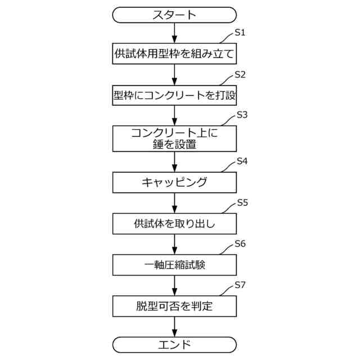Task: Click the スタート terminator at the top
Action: point(174,15)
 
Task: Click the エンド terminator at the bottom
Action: point(174,344)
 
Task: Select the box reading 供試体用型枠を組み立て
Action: point(174,55)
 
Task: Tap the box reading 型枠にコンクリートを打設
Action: point(174,96)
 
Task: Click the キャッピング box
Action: point(174,182)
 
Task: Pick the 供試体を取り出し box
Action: point(174,223)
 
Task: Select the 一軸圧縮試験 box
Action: point(174,264)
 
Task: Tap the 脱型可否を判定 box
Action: point(174,307)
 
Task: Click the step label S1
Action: point(240,33)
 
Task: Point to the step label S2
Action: point(240,74)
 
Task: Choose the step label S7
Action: point(240,285)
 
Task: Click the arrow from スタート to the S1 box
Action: point(174,33)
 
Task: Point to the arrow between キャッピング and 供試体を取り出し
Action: point(174,202)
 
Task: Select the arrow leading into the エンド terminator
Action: point(174,327)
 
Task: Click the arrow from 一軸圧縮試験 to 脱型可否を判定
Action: point(174,285)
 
